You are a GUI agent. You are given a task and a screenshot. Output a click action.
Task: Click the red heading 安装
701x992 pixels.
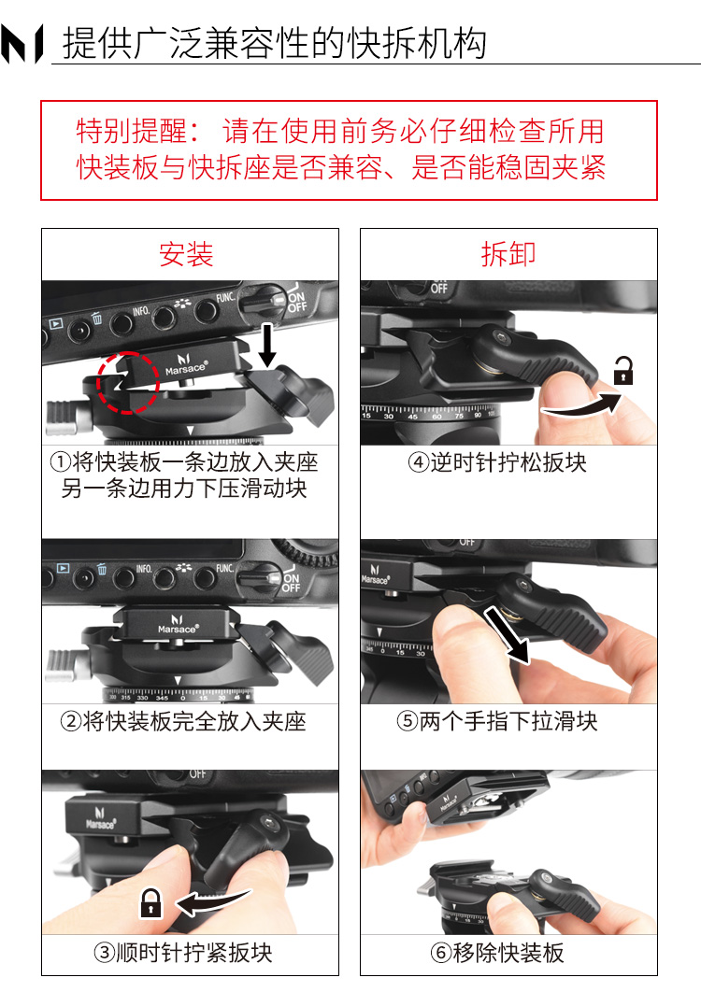[x=186, y=254]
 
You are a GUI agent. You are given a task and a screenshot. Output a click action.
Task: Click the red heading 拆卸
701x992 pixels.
[x=508, y=254]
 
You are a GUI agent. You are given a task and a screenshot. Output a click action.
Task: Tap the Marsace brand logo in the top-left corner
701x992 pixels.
[x=22, y=44]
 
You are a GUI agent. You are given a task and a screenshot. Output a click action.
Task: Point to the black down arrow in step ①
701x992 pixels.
[x=267, y=345]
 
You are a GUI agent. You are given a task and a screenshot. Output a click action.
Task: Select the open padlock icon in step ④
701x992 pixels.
[x=623, y=370]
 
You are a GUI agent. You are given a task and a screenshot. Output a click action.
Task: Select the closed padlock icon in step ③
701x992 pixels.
[x=150, y=903]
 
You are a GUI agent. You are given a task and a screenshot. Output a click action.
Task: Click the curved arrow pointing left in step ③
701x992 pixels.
[x=212, y=900]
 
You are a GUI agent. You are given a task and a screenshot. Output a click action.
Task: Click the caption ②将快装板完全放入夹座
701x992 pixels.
[x=183, y=721]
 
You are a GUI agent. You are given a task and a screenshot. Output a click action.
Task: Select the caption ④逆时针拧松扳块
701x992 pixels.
[x=497, y=463]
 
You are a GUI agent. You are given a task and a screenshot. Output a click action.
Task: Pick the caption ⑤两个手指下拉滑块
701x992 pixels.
[x=497, y=721]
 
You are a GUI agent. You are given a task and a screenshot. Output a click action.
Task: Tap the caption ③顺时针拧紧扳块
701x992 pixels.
[x=183, y=953]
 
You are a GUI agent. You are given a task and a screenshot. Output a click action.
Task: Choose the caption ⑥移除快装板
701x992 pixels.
[x=497, y=953]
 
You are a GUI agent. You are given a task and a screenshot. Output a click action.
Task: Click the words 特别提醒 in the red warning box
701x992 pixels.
[x=132, y=131]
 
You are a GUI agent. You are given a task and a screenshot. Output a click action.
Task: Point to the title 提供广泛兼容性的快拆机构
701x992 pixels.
[x=275, y=44]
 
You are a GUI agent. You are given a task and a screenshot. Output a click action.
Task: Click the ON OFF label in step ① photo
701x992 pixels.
[x=296, y=301]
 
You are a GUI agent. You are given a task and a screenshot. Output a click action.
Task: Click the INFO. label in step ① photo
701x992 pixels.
[x=140, y=311]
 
